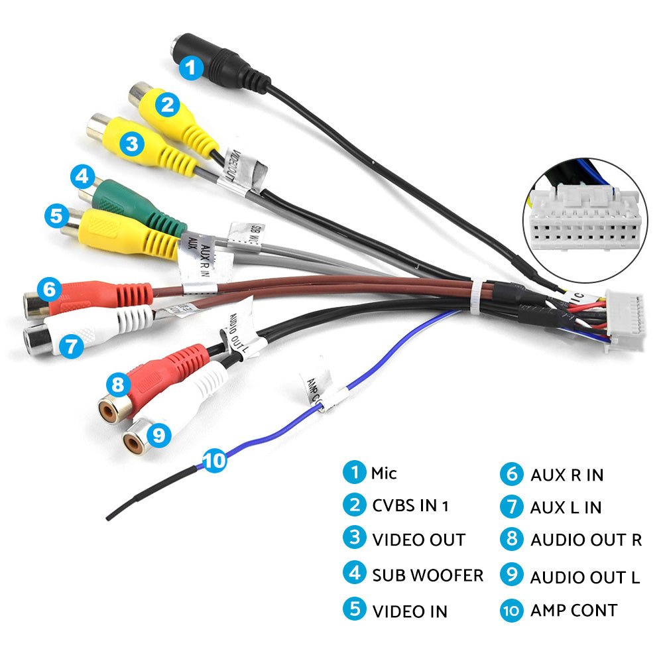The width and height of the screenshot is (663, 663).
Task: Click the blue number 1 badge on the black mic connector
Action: pyautogui.click(x=191, y=66)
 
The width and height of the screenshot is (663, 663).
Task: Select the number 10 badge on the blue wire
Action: pyautogui.click(x=215, y=460)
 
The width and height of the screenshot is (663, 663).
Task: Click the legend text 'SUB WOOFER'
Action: pyautogui.click(x=427, y=574)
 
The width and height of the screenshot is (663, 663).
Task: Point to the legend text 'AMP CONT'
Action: pyautogui.click(x=573, y=610)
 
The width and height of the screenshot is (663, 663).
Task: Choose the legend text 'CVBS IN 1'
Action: pyautogui.click(x=410, y=505)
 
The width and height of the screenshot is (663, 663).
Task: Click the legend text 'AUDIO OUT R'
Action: pyautogui.click(x=585, y=540)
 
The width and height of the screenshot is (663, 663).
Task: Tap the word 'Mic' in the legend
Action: pyautogui.click(x=384, y=473)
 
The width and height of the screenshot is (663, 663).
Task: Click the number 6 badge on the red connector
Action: pyautogui.click(x=48, y=289)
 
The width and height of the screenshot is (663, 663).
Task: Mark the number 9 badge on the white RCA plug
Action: pyautogui.click(x=157, y=434)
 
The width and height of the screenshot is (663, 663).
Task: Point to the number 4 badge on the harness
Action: pyautogui.click(x=82, y=176)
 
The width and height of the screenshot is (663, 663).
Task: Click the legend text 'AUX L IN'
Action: pyautogui.click(x=566, y=507)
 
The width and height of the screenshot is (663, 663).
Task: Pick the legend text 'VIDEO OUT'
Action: pyautogui.click(x=418, y=540)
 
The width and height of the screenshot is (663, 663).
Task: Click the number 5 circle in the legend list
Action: pyautogui.click(x=355, y=609)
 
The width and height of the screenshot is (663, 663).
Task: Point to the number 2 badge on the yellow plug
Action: pyautogui.click(x=168, y=103)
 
